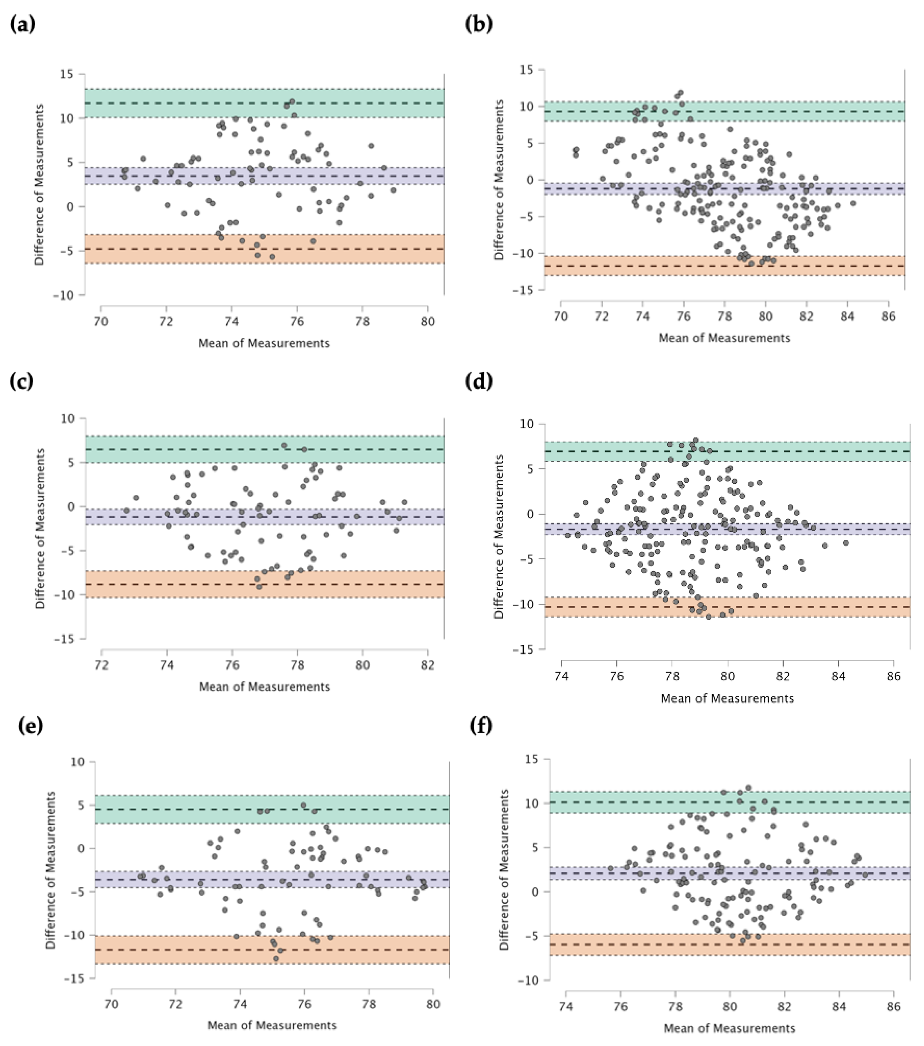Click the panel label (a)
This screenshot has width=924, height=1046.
pos(22,24)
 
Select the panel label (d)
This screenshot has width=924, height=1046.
pos(479,381)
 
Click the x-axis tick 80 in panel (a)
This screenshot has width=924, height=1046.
pos(427,321)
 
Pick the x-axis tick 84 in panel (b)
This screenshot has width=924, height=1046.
pos(847,316)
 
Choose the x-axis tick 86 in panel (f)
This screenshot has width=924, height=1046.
pos(893,1007)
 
